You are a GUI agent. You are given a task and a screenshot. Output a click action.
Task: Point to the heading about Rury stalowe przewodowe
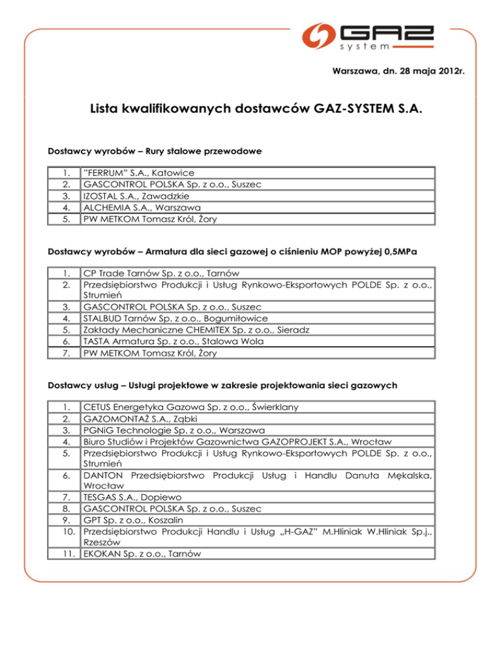click(x=155, y=151)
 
